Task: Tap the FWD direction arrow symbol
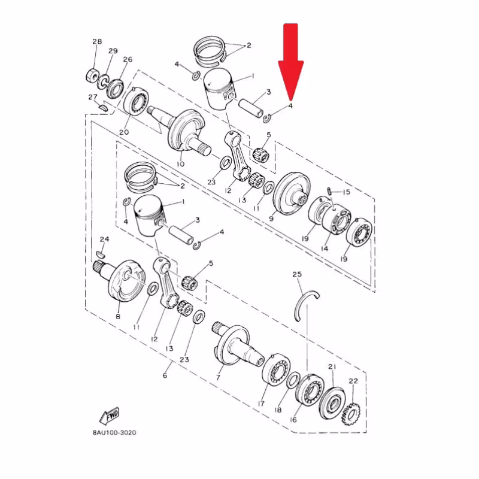tap(110, 416)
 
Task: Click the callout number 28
tap(97, 41)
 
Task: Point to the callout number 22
tap(353, 381)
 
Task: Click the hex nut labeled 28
tap(93, 76)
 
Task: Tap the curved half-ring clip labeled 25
tap(305, 302)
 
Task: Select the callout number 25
tap(297, 274)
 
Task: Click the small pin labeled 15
tap(329, 191)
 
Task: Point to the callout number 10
tap(180, 163)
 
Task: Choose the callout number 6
tap(165, 375)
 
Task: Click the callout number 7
tap(219, 377)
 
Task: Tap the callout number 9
tap(271, 219)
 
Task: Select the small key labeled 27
tap(103, 108)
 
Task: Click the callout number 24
tap(104, 239)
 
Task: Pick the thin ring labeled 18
tap(293, 380)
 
